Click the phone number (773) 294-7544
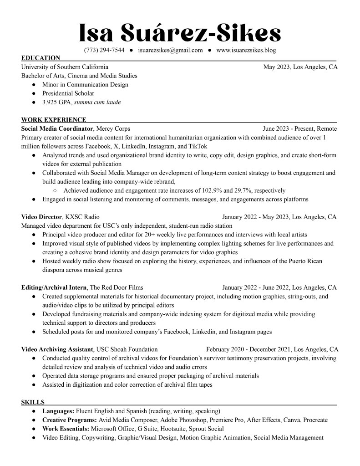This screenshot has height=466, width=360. click(x=104, y=50)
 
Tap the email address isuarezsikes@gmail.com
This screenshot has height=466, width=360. click(x=170, y=50)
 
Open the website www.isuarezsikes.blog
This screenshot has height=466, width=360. click(x=246, y=50)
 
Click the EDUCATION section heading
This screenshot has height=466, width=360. click(x=41, y=58)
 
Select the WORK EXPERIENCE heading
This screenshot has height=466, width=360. click(x=54, y=120)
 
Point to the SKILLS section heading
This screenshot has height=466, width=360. click(x=33, y=402)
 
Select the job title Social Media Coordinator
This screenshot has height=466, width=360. click(x=57, y=129)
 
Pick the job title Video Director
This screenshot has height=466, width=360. click(x=41, y=217)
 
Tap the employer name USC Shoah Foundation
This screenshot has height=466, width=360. click(x=127, y=349)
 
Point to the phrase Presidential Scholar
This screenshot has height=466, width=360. click(x=68, y=93)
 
